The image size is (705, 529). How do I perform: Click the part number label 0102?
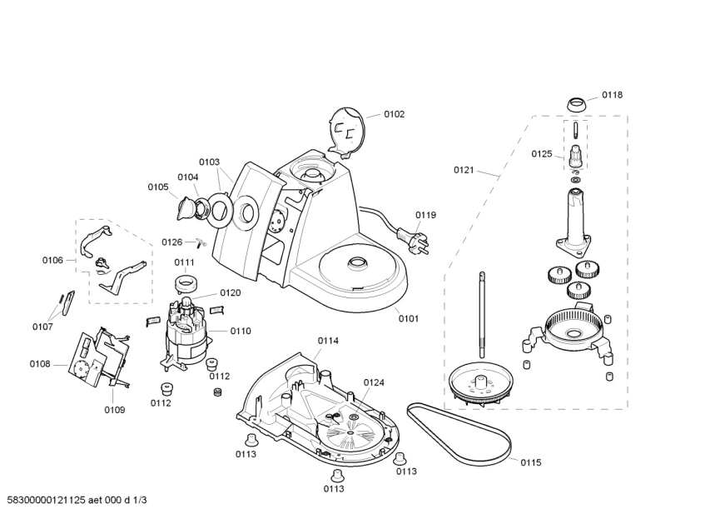[394, 114]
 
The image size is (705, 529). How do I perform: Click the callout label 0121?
[464, 170]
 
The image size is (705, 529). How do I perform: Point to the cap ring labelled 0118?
[575, 105]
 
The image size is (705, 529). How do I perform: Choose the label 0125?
[541, 153]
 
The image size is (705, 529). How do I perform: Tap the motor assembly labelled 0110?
[188, 333]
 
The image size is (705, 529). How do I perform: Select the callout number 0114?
[328, 340]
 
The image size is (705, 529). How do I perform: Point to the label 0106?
[52, 260]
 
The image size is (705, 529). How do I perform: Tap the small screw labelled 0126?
[197, 242]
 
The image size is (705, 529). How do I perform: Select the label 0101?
[408, 317]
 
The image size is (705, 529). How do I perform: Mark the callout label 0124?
[374, 382]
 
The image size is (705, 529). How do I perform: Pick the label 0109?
[115, 409]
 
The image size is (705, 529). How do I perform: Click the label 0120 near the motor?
[231, 292]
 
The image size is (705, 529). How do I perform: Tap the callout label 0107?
[42, 327]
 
